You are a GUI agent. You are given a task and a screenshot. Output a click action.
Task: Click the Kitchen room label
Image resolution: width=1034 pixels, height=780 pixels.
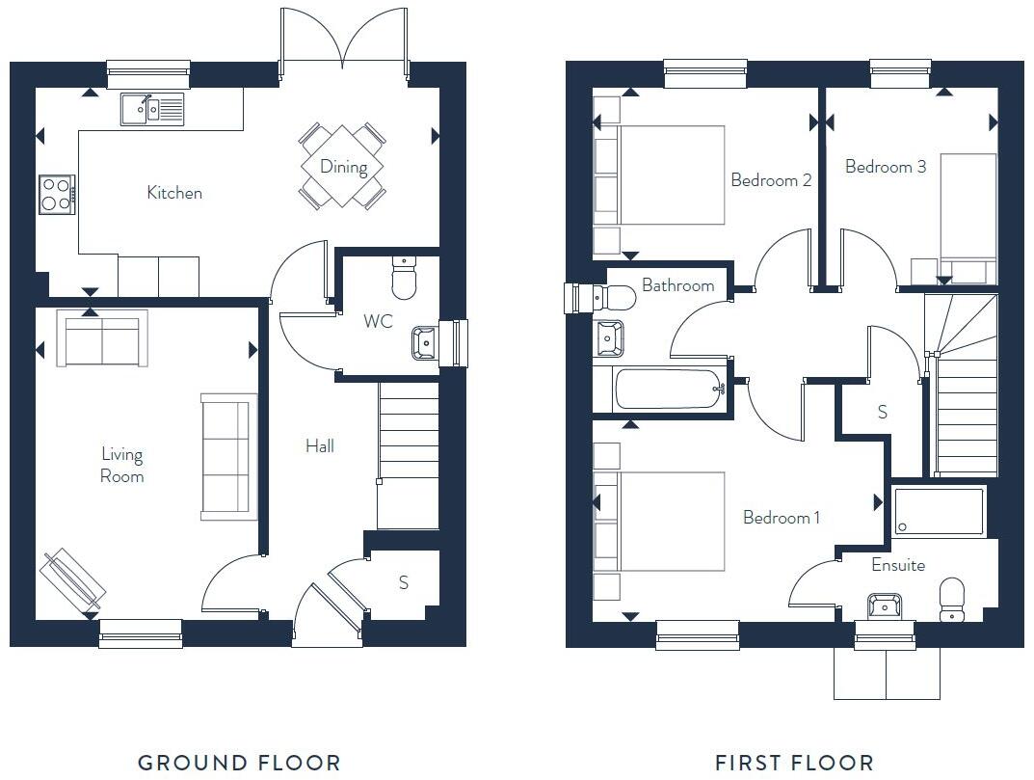(174, 193)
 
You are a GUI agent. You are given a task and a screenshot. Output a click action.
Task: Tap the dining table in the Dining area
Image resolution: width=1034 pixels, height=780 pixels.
(343, 166)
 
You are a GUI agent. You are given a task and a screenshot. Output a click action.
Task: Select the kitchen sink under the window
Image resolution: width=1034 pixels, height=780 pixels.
(152, 110)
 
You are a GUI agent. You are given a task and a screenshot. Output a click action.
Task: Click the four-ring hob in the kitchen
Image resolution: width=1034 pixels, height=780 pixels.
(56, 194)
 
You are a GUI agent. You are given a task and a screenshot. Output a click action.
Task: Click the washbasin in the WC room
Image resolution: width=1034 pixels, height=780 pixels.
(425, 342)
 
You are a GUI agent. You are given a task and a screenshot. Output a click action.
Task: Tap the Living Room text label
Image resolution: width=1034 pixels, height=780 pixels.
(122, 465)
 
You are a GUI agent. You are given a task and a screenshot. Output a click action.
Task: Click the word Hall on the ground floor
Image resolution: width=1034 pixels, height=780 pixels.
(320, 446)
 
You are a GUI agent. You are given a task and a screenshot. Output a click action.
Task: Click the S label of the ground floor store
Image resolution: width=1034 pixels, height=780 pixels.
(404, 582)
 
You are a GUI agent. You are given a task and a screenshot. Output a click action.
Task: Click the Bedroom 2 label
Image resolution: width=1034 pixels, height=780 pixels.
(771, 180)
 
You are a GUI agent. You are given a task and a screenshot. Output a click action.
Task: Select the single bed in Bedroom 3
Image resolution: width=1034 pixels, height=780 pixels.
(968, 207)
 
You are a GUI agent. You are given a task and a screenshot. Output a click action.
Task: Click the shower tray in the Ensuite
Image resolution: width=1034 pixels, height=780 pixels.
(939, 511)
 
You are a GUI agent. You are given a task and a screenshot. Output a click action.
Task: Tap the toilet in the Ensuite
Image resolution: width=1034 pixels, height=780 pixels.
(951, 600)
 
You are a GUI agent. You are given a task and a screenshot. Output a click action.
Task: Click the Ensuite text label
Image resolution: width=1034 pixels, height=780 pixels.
(898, 565)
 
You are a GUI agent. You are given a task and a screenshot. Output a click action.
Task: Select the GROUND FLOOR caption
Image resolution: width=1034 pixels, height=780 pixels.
(239, 763)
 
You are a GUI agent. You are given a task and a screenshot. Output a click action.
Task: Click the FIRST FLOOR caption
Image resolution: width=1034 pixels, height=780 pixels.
(794, 763)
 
